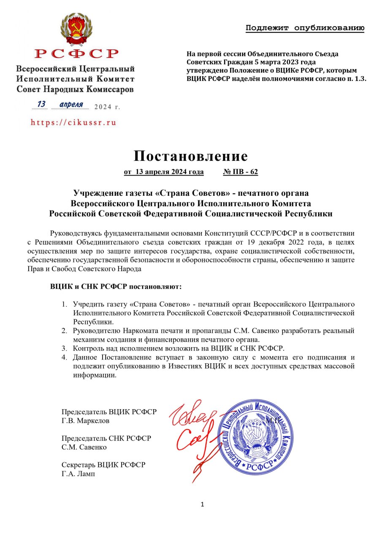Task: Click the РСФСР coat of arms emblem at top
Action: tap(76, 29)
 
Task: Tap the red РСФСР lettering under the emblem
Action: tap(76, 54)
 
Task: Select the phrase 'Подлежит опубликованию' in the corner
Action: tap(305, 28)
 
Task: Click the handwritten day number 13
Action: tap(41, 104)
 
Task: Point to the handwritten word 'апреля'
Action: tap(71, 104)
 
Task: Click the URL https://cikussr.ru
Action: tap(73, 123)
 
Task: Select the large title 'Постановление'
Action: tap(191, 156)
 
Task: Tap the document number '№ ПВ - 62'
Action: tap(240, 172)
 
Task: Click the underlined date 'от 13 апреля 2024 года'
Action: tap(164, 172)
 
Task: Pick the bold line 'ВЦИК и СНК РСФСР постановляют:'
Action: tap(116, 287)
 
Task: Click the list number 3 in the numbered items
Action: tap(64, 348)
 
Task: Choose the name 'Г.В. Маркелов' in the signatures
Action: tap(86, 421)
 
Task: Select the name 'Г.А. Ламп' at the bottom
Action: tap(79, 474)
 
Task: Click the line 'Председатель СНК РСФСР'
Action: tap(106, 438)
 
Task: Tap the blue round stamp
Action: tap(255, 437)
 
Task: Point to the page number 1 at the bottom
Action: tap(202, 505)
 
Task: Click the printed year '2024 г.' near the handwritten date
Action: tap(107, 107)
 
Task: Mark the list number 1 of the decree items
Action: tap(64, 304)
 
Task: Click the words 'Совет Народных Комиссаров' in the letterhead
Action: tap(75, 89)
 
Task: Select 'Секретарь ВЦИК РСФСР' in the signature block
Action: tap(103, 465)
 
